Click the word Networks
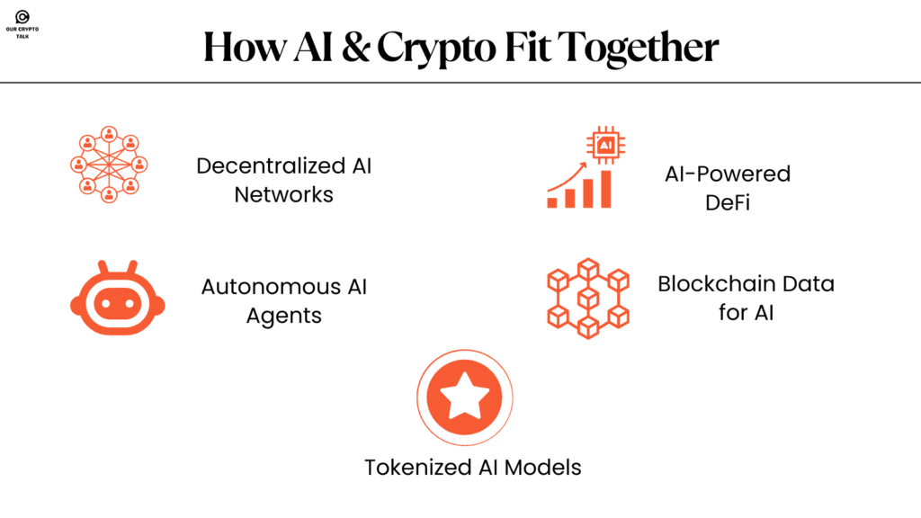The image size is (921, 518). pos(283,194)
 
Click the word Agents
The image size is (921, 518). pos(283,316)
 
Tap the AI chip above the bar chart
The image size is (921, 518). pos(604,145)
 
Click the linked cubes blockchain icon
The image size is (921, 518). pos(588,297)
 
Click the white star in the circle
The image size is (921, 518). pos(464,397)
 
